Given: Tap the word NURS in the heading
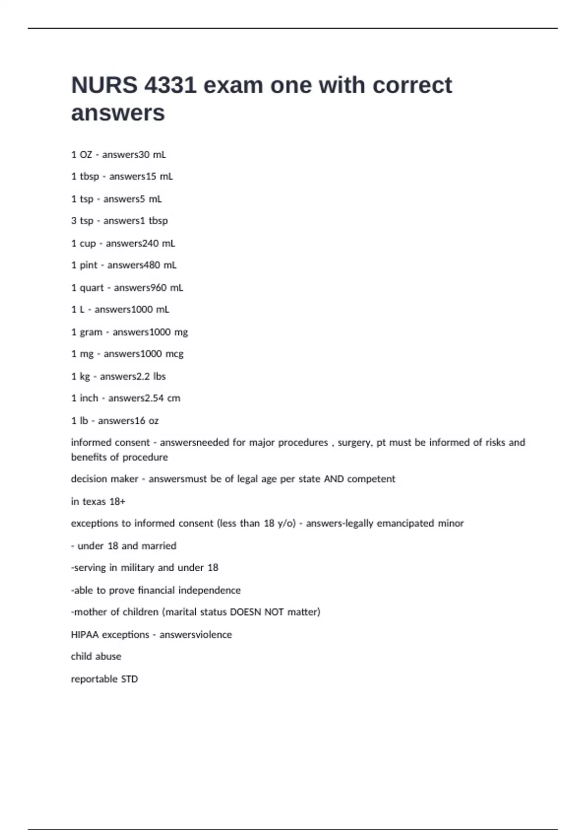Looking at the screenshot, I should click(x=104, y=85).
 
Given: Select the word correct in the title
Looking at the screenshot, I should click(x=412, y=85).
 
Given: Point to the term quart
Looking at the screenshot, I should click(x=92, y=288).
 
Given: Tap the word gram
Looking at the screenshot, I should click(x=91, y=332).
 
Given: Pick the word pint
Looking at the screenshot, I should click(x=88, y=265).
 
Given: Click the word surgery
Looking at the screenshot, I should click(x=355, y=442).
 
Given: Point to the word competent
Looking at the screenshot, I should click(x=371, y=479).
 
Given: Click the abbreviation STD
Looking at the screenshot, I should click(x=129, y=679).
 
